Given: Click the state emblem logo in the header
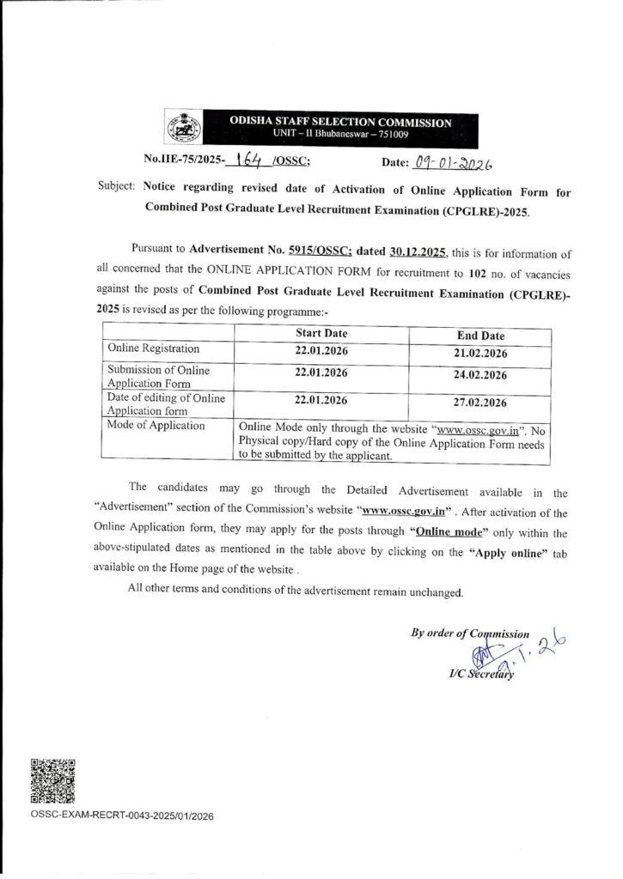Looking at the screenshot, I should (x=180, y=129).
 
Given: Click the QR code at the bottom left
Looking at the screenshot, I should (x=52, y=780).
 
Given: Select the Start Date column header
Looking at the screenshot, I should (x=321, y=333).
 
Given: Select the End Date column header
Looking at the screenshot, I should (x=480, y=336).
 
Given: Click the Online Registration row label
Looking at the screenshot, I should (x=153, y=349).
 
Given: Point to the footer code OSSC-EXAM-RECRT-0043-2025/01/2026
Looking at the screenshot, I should (x=121, y=816).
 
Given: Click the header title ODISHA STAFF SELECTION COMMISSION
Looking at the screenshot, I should (x=334, y=123).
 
